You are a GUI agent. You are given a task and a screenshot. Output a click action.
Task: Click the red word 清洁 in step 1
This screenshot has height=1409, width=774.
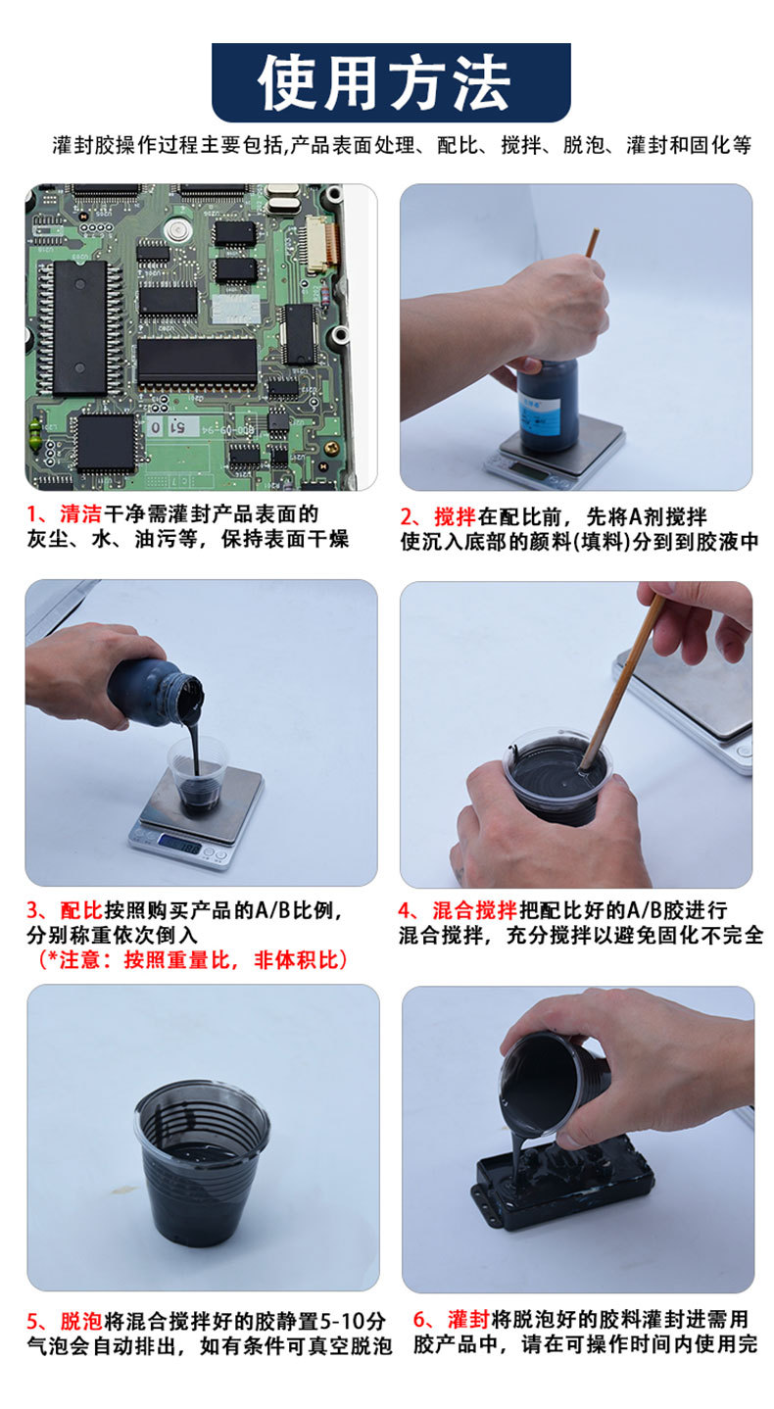click(x=80, y=513)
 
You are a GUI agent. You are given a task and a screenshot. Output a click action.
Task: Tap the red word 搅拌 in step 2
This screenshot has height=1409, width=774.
click(x=455, y=516)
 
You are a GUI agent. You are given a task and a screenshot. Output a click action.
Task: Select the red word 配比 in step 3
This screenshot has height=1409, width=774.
click(x=81, y=910)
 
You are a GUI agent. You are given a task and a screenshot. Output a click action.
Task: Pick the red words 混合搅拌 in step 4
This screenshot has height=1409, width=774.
click(x=475, y=910)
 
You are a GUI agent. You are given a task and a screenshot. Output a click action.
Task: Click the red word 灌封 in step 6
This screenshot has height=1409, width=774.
click(x=468, y=1319)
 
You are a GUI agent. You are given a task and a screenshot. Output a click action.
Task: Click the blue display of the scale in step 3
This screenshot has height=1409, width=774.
click(x=180, y=843)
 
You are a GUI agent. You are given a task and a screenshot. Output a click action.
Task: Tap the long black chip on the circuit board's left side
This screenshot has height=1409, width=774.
click(x=80, y=327)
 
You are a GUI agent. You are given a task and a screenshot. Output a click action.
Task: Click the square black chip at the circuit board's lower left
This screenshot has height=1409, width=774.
click(x=106, y=444)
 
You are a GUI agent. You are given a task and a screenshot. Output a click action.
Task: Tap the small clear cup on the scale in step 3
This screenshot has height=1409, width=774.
click(x=198, y=775)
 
